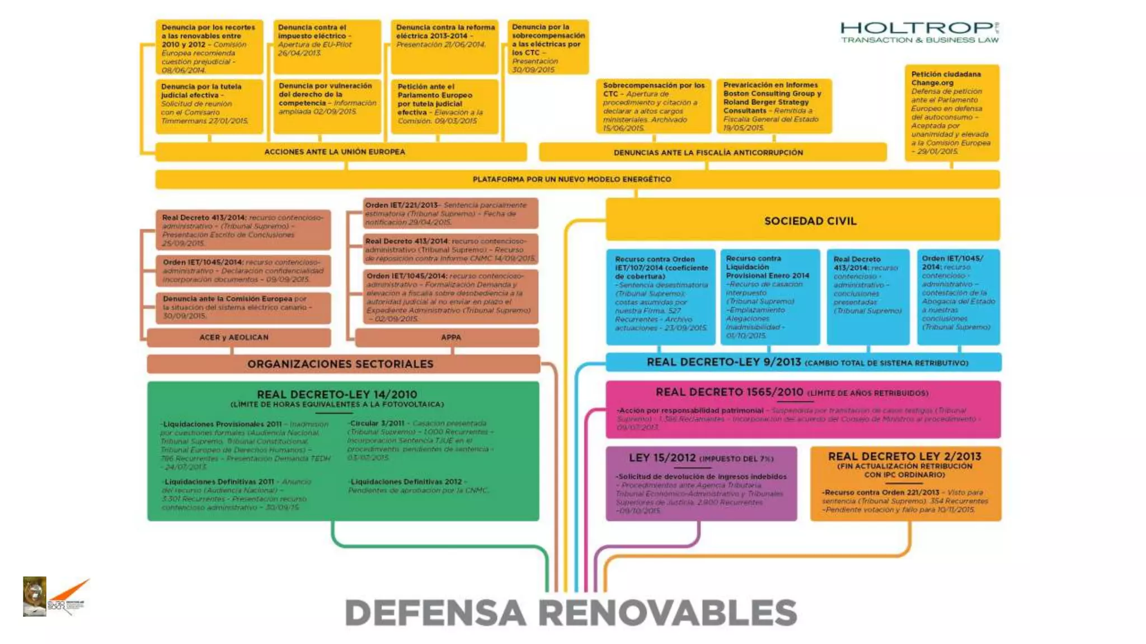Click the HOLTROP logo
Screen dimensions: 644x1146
pos(919,32)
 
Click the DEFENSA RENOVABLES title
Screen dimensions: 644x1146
pos(571,613)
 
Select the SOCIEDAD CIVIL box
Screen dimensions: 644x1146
pos(810,221)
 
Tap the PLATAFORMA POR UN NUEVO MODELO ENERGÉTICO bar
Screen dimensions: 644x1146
pos(572,179)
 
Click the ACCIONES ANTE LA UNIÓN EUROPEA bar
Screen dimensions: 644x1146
pos(335,151)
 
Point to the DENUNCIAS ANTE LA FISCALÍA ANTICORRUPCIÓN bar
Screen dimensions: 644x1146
pos(708,152)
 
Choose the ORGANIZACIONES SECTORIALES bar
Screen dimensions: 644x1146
pos(340,364)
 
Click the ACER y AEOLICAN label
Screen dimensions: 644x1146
pos(234,337)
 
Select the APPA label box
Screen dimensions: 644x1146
pos(450,337)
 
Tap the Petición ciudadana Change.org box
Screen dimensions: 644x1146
pos(951,112)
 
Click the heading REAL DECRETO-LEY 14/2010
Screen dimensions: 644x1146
pos(337,394)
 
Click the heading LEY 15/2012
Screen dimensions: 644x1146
pos(663,458)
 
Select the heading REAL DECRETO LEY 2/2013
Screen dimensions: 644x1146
pos(904,456)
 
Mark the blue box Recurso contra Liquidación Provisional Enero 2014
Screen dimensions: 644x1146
pos(769,296)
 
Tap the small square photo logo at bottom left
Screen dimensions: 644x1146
pos(34,596)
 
